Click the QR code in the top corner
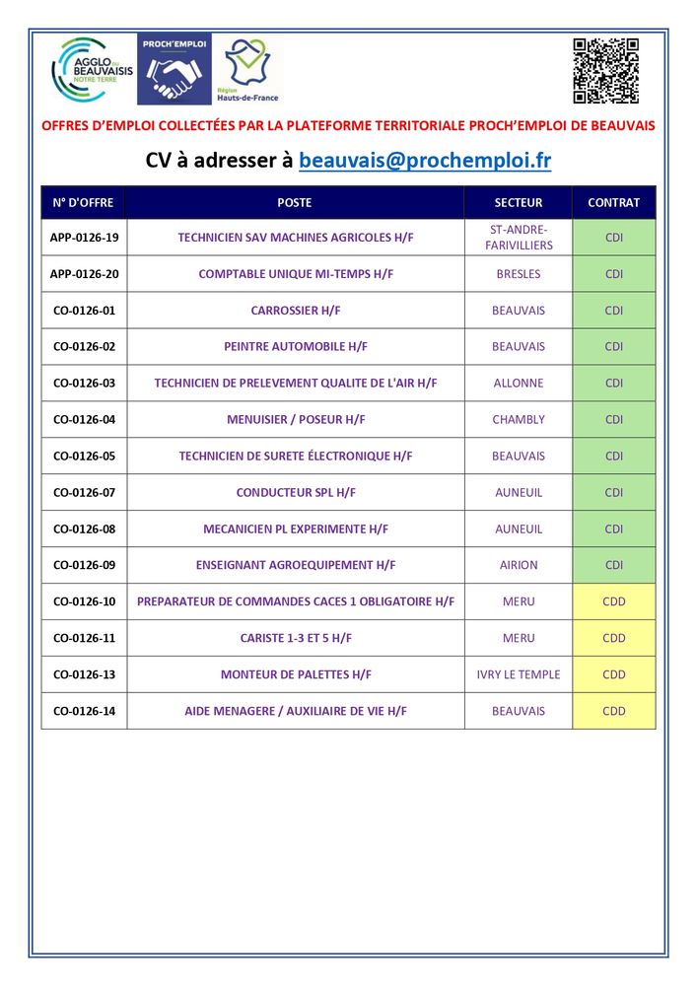coord(605,71)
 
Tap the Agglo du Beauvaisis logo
coord(93,70)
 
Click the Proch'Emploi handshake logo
coord(174,70)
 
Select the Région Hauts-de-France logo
coord(247,70)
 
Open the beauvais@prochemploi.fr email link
coord(425,160)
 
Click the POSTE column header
coord(295,203)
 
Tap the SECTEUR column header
coord(519,203)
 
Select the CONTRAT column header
coord(613,203)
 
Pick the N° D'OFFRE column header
coord(84,203)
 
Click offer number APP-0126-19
coord(84,238)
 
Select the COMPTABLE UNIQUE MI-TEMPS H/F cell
coord(296,274)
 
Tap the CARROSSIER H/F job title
coord(296,311)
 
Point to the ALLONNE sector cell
coord(519,384)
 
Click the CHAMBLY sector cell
coord(519,420)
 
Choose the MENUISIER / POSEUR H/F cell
coord(296,420)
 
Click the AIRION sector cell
coord(519,565)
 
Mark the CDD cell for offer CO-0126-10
coord(613,601)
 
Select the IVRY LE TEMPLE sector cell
coord(519,674)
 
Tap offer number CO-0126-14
coord(84,711)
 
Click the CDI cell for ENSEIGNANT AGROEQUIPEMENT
coord(613,565)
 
